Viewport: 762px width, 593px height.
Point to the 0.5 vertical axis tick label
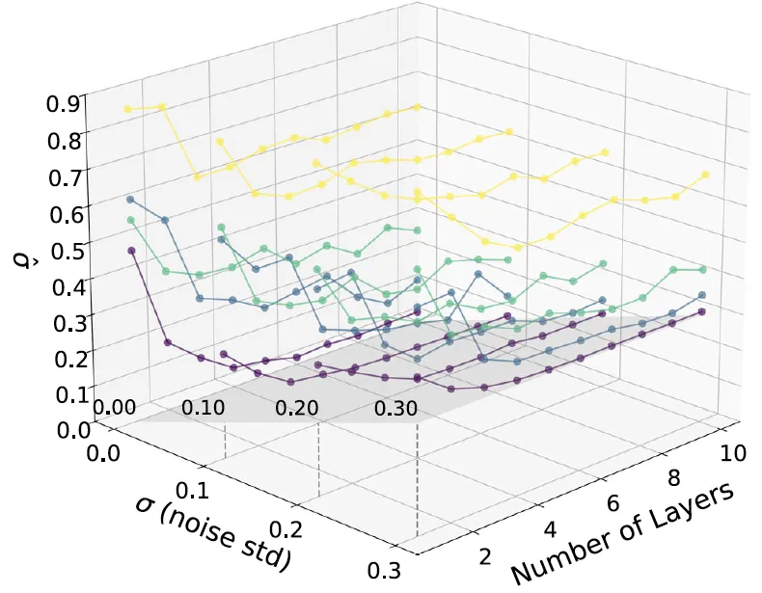[x=68, y=249]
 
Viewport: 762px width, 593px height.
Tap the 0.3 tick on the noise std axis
[x=384, y=570]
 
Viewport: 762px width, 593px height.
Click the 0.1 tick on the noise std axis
[x=191, y=491]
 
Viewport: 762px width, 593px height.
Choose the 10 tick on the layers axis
[x=732, y=452]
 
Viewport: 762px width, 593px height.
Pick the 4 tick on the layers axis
[x=550, y=529]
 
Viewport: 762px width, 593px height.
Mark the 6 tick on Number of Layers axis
[x=612, y=503]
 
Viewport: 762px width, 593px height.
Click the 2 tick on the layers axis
[x=485, y=556]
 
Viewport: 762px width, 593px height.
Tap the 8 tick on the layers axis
[x=673, y=478]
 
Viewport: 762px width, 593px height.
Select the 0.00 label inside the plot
[x=115, y=407]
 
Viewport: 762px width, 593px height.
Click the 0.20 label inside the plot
[x=297, y=408]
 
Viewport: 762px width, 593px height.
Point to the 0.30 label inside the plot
[x=396, y=409]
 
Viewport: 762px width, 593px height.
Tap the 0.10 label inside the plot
[x=204, y=408]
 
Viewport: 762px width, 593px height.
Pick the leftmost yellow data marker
[x=127, y=109]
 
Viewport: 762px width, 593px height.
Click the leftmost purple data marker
[x=131, y=251]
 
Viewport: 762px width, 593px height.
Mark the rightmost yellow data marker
[x=706, y=175]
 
